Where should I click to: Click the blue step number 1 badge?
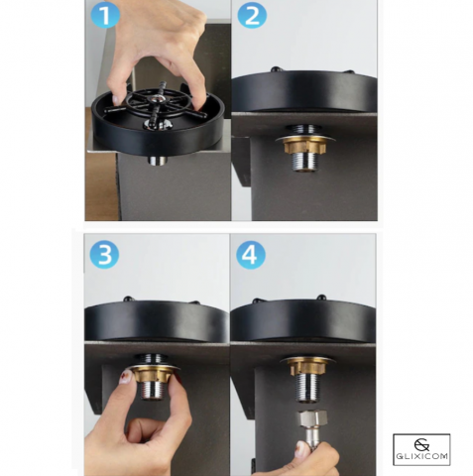tap(106, 15)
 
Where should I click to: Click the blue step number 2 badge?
tap(252, 15)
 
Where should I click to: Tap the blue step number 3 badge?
tap(104, 254)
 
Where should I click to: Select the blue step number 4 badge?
tap(251, 254)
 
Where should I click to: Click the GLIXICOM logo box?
tap(421, 449)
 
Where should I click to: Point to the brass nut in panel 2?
tap(300, 147)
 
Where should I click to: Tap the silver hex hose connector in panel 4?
tap(312, 419)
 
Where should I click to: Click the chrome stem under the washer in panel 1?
tap(158, 160)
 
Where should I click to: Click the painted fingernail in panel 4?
tap(300, 449)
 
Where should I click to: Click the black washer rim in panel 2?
tap(304, 94)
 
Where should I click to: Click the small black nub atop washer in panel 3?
tap(128, 298)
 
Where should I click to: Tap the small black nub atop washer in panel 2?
tap(274, 69)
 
